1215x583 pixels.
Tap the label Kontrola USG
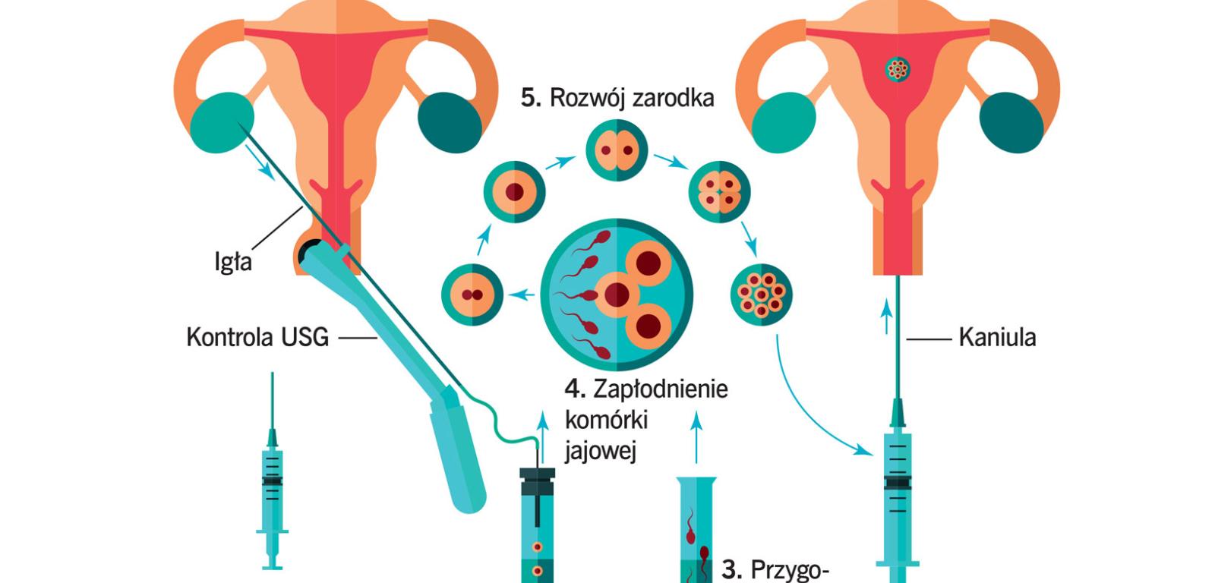point(257,336)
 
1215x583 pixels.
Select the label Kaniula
point(997,337)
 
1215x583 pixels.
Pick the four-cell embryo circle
point(718,191)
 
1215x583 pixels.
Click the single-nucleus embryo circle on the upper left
point(516,191)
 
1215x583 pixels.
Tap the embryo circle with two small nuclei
point(472,295)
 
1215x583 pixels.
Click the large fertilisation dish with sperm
point(617,292)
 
